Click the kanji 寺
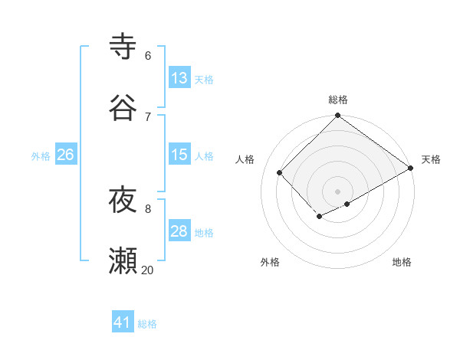123,46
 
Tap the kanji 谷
123,107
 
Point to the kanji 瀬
123,261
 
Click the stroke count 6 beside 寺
148,55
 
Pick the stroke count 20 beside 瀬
148,270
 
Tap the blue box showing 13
179,78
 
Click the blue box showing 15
179,155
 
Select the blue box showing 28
179,231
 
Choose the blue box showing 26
65,155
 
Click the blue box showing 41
123,322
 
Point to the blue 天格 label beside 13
204,79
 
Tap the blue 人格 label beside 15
204,155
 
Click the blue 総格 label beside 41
147,323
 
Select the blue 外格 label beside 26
41,155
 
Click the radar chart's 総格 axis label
338,100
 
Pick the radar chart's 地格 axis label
402,262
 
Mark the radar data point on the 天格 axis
411,169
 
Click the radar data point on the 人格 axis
280,173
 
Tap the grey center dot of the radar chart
338,191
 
